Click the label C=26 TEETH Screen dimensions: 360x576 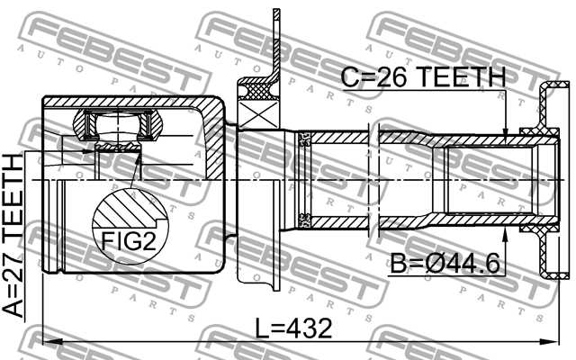pyautogui.click(x=423, y=78)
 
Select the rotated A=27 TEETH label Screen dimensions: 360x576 pyautogui.click(x=15, y=236)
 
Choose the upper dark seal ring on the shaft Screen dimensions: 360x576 pyautogui.click(x=304, y=139)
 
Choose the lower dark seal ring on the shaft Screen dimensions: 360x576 pyautogui.click(x=304, y=219)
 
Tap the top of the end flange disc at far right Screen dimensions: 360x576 pyautogui.click(x=553, y=88)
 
